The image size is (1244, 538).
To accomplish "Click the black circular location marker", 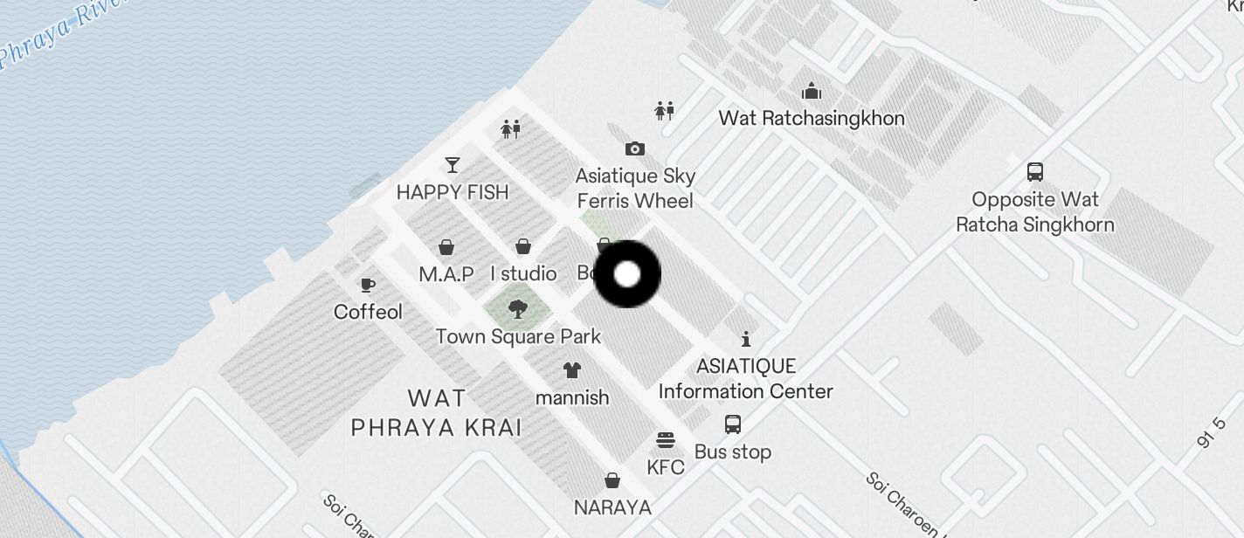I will [627, 274].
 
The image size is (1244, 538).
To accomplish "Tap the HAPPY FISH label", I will [453, 192].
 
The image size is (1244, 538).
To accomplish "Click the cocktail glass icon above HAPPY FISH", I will [453, 164].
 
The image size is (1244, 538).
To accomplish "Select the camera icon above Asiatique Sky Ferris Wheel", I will [635, 149].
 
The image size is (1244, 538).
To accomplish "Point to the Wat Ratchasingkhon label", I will [812, 118].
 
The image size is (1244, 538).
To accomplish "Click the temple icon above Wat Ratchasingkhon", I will [812, 92].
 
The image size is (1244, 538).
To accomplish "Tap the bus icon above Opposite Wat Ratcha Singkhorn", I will [1035, 172].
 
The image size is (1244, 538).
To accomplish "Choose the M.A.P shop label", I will [446, 274].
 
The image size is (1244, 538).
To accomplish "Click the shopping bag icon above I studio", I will [523, 247].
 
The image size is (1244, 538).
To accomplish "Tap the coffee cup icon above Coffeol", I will [368, 285].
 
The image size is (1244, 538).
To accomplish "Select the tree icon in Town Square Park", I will [518, 308].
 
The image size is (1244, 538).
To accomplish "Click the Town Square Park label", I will [518, 336].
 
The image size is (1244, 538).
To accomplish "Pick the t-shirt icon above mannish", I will [572, 370].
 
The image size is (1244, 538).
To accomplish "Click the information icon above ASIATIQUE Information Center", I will [745, 339].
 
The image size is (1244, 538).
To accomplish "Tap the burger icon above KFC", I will [666, 439].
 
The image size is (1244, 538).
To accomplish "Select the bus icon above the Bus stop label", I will [733, 425].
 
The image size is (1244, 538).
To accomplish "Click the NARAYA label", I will [612, 507].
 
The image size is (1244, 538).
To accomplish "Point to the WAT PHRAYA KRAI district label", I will [437, 413].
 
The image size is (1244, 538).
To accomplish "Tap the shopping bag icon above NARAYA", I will [612, 480].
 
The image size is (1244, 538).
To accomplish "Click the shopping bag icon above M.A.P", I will [446, 247].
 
